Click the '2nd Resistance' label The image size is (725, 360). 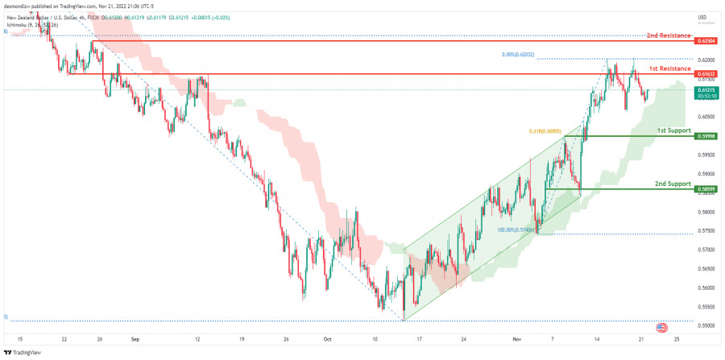click(669, 35)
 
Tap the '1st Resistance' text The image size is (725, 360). click(670, 68)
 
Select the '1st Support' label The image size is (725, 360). click(673, 130)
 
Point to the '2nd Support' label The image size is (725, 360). click(673, 184)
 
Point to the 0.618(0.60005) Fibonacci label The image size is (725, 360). click(545, 130)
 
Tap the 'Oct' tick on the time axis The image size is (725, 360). click(327, 339)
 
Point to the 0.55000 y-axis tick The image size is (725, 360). click(706, 326)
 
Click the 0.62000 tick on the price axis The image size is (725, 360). click(706, 60)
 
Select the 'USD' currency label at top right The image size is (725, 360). click(702, 16)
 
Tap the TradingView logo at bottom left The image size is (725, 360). click(23, 352)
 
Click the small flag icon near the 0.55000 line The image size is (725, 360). click(662, 328)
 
